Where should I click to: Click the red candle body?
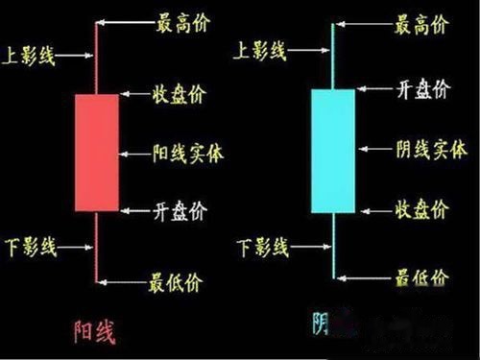[96, 152]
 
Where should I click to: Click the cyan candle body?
[332, 151]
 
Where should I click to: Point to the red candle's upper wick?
[96, 58]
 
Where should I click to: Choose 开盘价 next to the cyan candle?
[422, 90]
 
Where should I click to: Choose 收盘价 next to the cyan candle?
[422, 208]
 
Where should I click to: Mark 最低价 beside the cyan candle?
[422, 278]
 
